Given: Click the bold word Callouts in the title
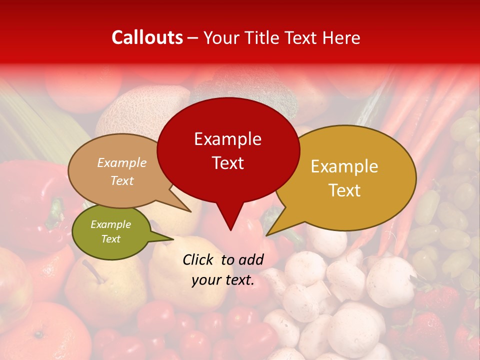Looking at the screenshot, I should click(x=147, y=37).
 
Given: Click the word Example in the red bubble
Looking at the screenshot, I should click(x=228, y=139).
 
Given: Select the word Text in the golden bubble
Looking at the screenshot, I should click(x=344, y=190).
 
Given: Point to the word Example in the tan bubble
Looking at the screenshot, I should click(x=122, y=162).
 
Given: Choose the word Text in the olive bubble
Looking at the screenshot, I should click(x=111, y=239).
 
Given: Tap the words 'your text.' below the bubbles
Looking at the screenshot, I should click(x=223, y=280).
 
